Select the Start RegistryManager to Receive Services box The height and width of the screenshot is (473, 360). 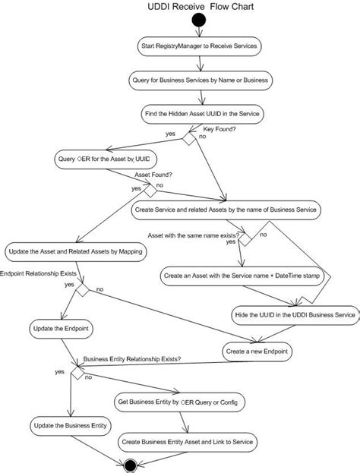tap(202, 46)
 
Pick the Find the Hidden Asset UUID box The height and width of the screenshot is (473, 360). tap(202, 114)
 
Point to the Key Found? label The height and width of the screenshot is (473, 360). tap(217, 130)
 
